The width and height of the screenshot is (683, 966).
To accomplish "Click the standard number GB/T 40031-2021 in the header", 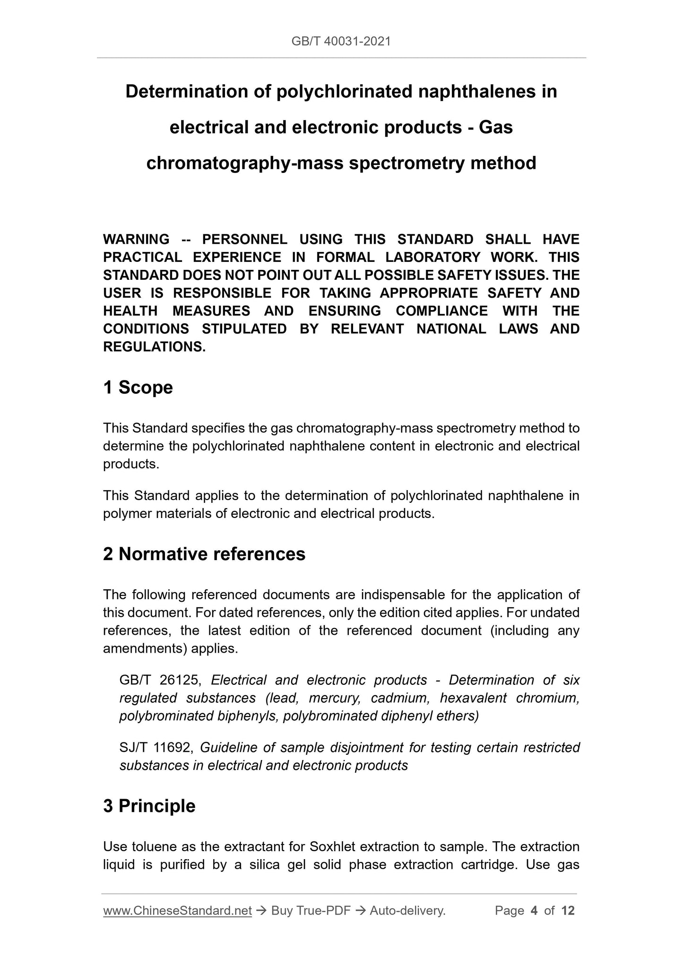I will pyautogui.click(x=341, y=42).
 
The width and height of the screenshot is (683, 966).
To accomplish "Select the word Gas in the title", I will pyautogui.click(x=495, y=128).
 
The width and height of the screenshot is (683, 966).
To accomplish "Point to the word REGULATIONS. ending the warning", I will pyautogui.click(x=154, y=347).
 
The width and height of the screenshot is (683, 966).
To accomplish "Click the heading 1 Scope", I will pyautogui.click(x=138, y=388).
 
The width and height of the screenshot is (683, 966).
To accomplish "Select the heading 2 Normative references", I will pyautogui.click(x=204, y=554).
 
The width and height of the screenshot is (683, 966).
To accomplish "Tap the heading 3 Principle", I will pyautogui.click(x=149, y=806).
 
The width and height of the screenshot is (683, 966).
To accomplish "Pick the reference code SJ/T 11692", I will pyautogui.click(x=156, y=748).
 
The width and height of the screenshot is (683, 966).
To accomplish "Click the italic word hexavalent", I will pyautogui.click(x=473, y=698).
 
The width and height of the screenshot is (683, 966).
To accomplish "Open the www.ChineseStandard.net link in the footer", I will pyautogui.click(x=177, y=911).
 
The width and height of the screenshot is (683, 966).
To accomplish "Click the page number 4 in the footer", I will pyautogui.click(x=534, y=911).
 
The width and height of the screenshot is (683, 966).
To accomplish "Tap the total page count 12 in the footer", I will pyautogui.click(x=568, y=911).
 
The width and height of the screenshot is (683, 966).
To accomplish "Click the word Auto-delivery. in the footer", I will pyautogui.click(x=407, y=911).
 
